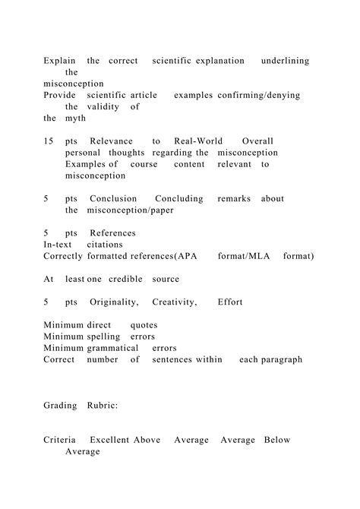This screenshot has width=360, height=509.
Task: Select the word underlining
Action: coord(285,61)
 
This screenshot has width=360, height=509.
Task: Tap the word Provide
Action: coord(61,95)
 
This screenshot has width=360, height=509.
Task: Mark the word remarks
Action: coord(233,199)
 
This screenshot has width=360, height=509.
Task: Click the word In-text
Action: coord(58,245)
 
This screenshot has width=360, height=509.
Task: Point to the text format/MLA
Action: coord(241,257)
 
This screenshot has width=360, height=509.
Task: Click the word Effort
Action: coord(230,302)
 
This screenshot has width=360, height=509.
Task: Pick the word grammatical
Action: coord(118,348)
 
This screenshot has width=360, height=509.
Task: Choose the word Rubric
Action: coord(103,406)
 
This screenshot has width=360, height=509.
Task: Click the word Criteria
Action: coord(60,440)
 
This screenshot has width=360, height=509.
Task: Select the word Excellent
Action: coord(110,440)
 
